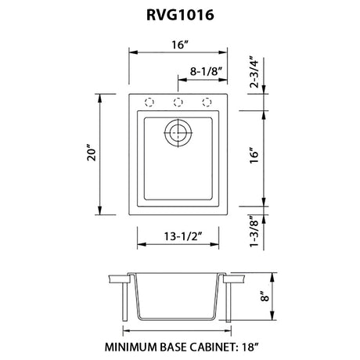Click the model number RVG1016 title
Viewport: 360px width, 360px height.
tap(180, 15)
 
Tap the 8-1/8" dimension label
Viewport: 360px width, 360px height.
tap(206, 71)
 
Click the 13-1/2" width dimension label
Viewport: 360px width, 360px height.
tap(183, 236)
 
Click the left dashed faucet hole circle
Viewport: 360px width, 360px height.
tap(149, 102)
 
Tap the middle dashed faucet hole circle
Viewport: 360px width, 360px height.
tap(178, 102)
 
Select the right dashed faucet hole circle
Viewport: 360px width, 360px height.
tap(207, 102)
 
